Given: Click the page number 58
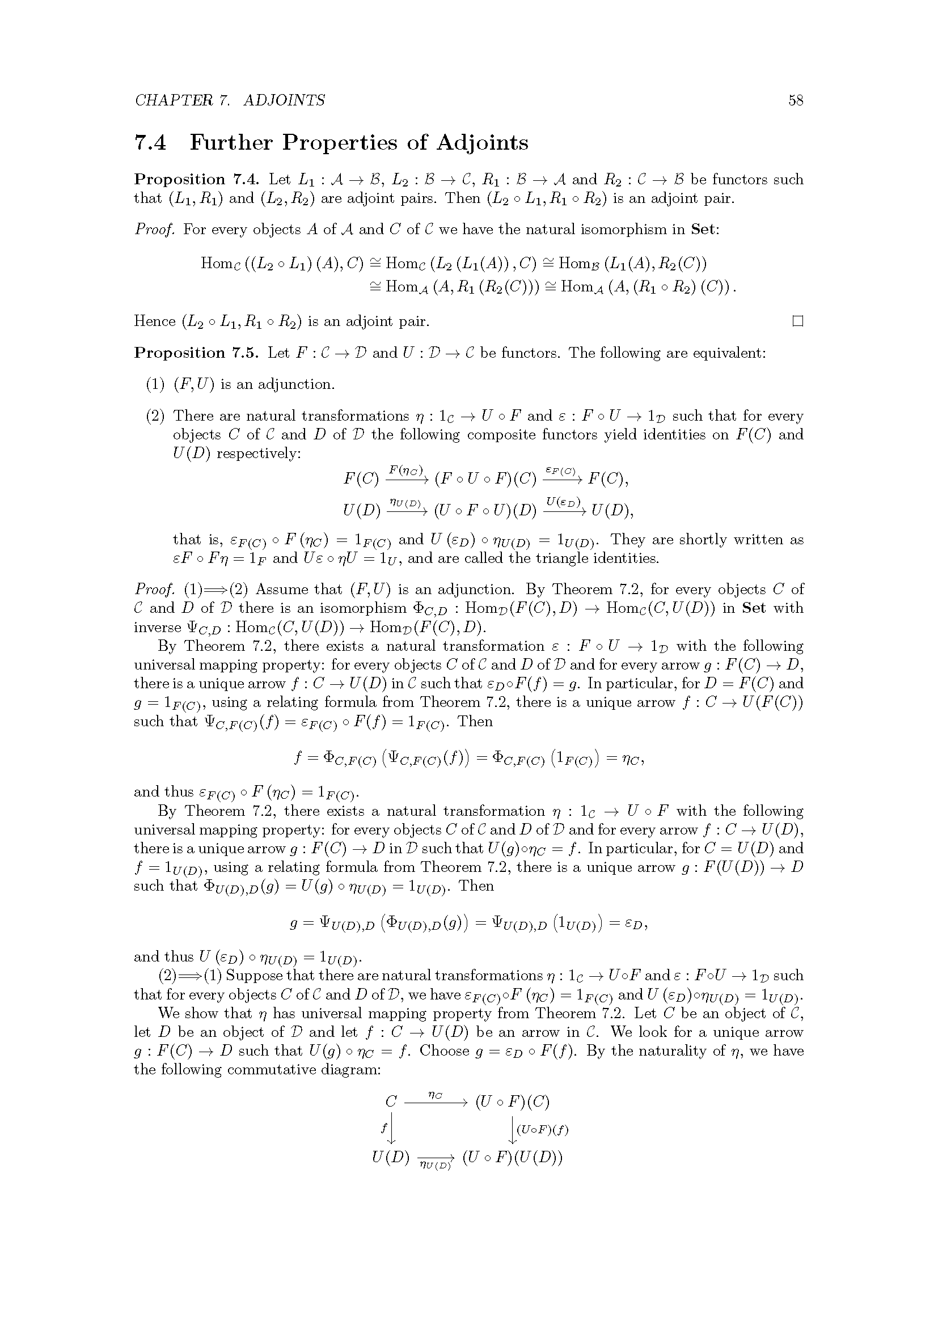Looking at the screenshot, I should tap(795, 100).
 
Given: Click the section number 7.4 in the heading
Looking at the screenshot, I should tap(150, 143).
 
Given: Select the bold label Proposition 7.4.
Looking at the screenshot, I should tap(197, 180).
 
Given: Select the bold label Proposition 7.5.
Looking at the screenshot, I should tap(196, 353).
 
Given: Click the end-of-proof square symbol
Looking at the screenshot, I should tap(798, 321).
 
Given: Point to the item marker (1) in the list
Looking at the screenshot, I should tap(155, 384).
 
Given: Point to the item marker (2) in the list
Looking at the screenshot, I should tap(155, 416).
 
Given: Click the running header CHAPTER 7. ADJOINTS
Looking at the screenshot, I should tap(230, 100).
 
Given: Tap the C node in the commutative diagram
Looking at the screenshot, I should tap(391, 1102).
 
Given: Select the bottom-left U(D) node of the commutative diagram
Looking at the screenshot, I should tap(391, 1158).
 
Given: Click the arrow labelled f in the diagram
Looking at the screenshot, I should tap(392, 1130).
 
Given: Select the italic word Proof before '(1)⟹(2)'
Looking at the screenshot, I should tap(154, 590).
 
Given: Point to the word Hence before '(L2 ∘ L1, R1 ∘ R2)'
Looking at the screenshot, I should tap(155, 321).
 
